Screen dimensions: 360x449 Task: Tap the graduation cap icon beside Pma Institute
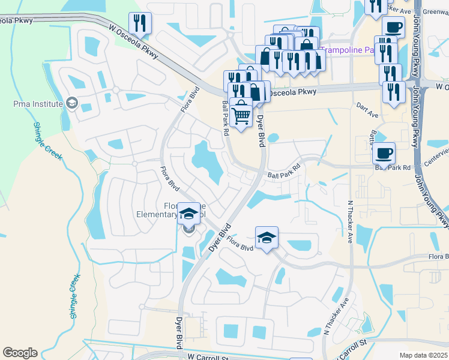coord(72,104)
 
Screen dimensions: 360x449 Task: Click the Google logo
coord(20,353)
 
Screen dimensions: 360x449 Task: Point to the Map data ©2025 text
coord(423,355)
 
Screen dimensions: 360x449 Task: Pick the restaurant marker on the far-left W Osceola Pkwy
coord(140,23)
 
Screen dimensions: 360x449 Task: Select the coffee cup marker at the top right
coord(393,27)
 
